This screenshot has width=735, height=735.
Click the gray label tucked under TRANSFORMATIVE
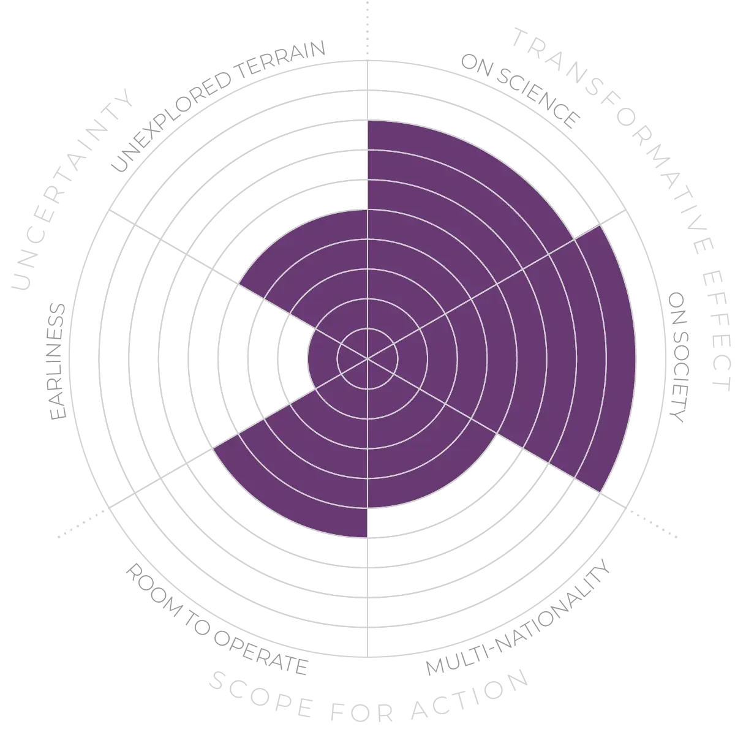tap(521, 92)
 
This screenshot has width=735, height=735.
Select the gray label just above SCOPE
tap(214, 619)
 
